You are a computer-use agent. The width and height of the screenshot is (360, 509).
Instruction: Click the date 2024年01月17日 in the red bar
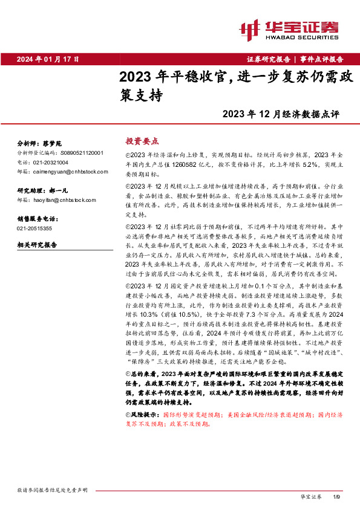48,59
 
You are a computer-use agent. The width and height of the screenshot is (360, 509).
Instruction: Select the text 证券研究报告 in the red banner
269,59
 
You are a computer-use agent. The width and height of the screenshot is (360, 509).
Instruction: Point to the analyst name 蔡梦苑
52,144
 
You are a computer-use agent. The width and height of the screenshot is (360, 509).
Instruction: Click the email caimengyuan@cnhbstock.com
68,172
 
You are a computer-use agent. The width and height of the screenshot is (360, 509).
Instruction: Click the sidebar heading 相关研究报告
37,245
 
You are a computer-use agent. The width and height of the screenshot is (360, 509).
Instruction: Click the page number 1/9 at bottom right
337,496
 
